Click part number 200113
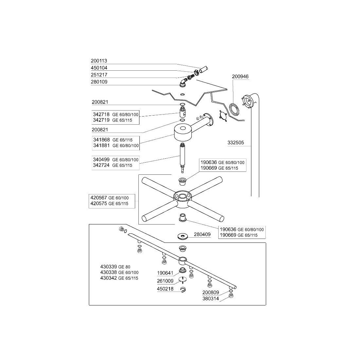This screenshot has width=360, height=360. point(99,61)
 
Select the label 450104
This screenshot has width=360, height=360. point(99,68)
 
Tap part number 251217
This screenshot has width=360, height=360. point(99,75)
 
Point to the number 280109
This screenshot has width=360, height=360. point(99,82)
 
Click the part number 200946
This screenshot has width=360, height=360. point(240,77)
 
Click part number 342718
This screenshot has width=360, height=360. point(100,114)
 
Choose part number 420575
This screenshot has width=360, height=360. point(98,203)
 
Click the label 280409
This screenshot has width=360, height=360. point(202,235)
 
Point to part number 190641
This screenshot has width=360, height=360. point(165,273)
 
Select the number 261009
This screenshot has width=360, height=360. point(165,281)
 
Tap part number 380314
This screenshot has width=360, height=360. point(211,298)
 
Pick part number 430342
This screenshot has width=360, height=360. point(108,278)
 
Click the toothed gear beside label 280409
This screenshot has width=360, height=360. point(182,236)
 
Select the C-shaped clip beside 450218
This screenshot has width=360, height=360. point(183,289)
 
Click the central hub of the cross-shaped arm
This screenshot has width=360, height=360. point(182,196)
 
